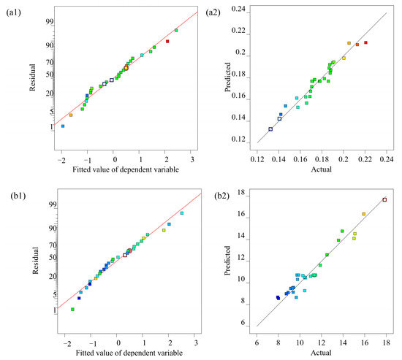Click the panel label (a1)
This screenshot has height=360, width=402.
(x=13, y=12)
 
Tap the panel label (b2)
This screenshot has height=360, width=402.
(x=222, y=196)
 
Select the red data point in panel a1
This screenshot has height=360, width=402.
(x=167, y=41)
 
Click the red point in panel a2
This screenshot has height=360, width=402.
(x=366, y=42)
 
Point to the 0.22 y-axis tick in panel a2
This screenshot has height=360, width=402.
(x=238, y=31)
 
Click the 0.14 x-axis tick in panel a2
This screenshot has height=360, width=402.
(x=278, y=159)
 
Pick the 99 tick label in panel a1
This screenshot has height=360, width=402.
(x=50, y=22)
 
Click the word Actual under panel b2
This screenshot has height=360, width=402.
(x=321, y=353)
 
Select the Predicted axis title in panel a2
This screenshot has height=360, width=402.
(x=227, y=77)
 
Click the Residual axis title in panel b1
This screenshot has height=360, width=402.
(x=35, y=261)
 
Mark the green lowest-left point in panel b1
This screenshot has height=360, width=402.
(x=72, y=310)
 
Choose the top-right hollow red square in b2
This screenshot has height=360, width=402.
(x=384, y=200)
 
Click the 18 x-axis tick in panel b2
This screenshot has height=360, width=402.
(x=386, y=342)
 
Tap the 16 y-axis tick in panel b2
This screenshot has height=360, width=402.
(x=241, y=214)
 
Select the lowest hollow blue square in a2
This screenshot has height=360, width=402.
(x=270, y=129)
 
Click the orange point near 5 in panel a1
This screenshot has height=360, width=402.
(x=71, y=115)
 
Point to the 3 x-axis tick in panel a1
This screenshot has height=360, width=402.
(x=192, y=160)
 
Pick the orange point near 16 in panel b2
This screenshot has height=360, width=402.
(x=363, y=214)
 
